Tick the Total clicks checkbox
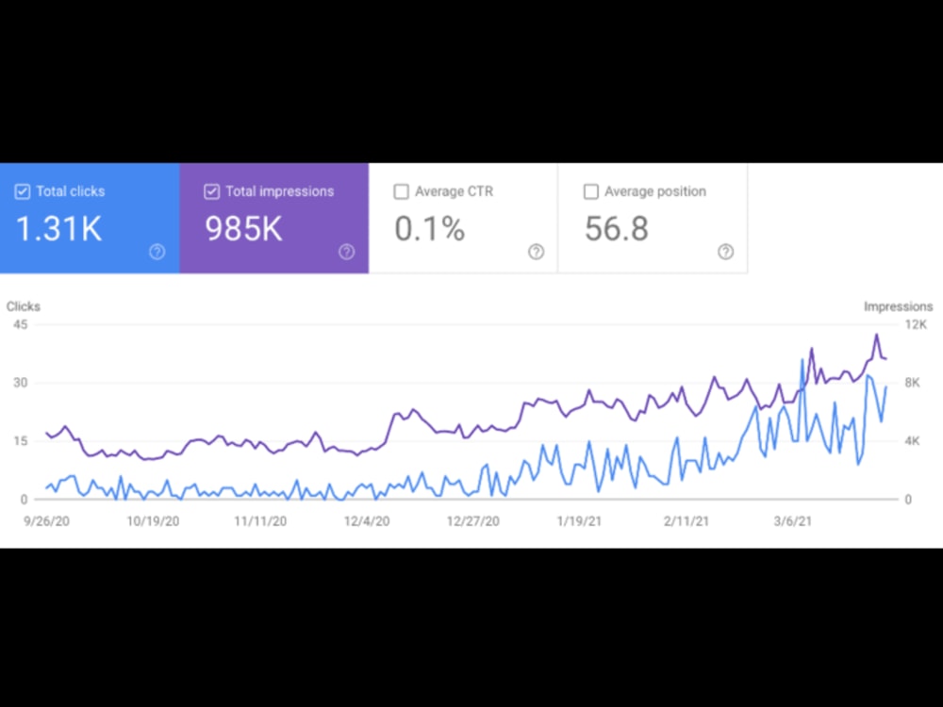pyautogui.click(x=23, y=191)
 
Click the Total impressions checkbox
pyautogui.click(x=211, y=191)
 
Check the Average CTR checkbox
pyautogui.click(x=401, y=191)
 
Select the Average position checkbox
pyautogui.click(x=591, y=191)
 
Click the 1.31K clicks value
pyautogui.click(x=58, y=229)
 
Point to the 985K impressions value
pyautogui.click(x=243, y=229)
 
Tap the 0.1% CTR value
pyautogui.click(x=430, y=229)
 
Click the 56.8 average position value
pyautogui.click(x=617, y=229)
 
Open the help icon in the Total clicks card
pyautogui.click(x=157, y=252)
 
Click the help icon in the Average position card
pyautogui.click(x=726, y=252)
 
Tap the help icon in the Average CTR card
pyautogui.click(x=537, y=252)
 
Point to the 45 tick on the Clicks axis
pyautogui.click(x=21, y=324)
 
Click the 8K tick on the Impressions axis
pyautogui.click(x=912, y=383)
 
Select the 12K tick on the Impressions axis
pyautogui.click(x=916, y=324)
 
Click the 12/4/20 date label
pyautogui.click(x=367, y=521)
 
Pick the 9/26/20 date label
pyautogui.click(x=46, y=521)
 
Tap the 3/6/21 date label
pyautogui.click(x=793, y=521)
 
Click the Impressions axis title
pyautogui.click(x=899, y=306)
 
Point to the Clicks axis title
pyautogui.click(x=24, y=306)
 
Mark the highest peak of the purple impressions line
pyautogui.click(x=876, y=335)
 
